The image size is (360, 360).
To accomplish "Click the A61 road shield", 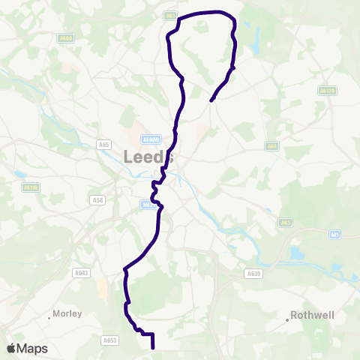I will coord(170,14).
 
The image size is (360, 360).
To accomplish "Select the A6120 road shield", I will coord(325,90).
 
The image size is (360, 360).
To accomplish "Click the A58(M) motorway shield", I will coord(150,139).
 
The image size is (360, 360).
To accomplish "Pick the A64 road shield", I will coord(272,146).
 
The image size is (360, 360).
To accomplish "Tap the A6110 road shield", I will coord(31,187).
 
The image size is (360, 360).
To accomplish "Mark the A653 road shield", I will coord(109,340).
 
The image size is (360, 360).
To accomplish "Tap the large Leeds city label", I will coord(148,157).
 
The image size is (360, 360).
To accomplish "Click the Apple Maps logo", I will coord(27,349).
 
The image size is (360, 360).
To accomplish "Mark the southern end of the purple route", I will coord(153,348).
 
